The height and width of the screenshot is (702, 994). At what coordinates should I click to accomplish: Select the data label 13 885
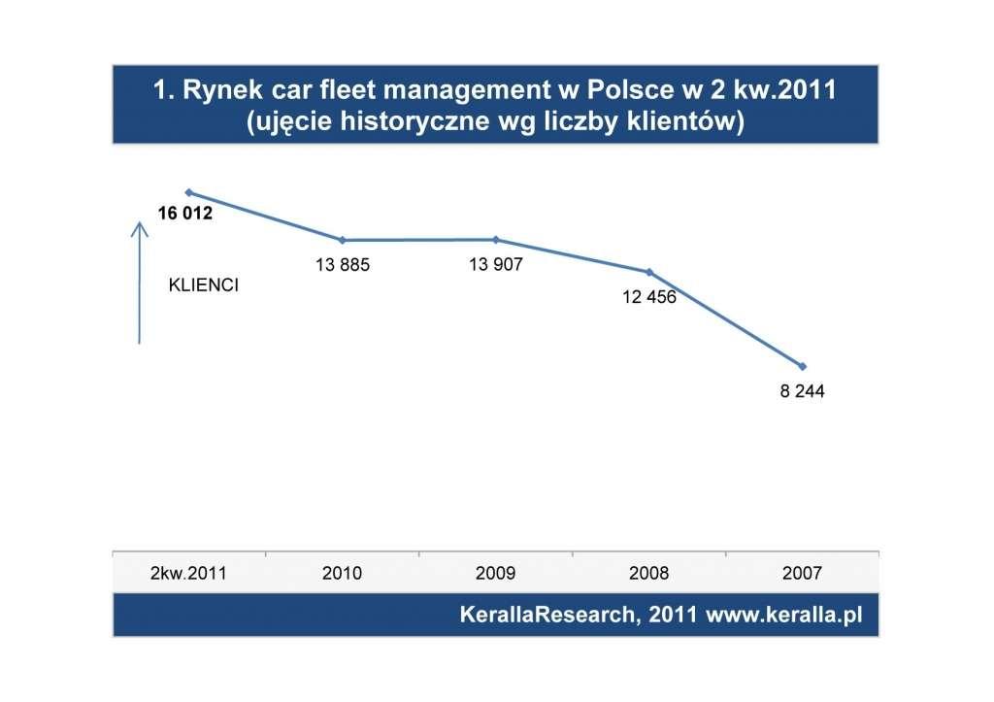[342, 264]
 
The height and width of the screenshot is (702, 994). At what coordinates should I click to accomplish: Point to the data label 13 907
[495, 263]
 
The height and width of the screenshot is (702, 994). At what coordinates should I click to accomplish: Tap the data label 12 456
[648, 296]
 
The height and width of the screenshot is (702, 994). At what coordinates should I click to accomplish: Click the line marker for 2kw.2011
[188, 192]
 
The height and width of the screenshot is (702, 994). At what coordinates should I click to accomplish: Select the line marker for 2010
[342, 240]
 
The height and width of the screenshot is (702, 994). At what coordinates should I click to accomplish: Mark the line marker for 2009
[495, 239]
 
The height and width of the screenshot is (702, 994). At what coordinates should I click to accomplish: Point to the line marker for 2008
[648, 272]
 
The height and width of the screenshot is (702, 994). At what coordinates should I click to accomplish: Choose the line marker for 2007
[802, 366]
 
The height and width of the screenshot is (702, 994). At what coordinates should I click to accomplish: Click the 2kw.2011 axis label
[188, 573]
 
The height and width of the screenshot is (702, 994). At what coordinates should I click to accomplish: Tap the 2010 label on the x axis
[342, 573]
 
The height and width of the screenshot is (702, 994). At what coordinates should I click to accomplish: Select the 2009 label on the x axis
[495, 573]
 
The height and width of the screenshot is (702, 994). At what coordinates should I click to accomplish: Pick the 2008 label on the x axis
[648, 573]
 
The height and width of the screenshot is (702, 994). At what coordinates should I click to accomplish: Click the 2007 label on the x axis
[802, 573]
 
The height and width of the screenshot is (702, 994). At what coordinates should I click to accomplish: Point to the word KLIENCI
[204, 286]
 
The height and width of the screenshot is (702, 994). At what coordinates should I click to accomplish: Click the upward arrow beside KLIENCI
[140, 282]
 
